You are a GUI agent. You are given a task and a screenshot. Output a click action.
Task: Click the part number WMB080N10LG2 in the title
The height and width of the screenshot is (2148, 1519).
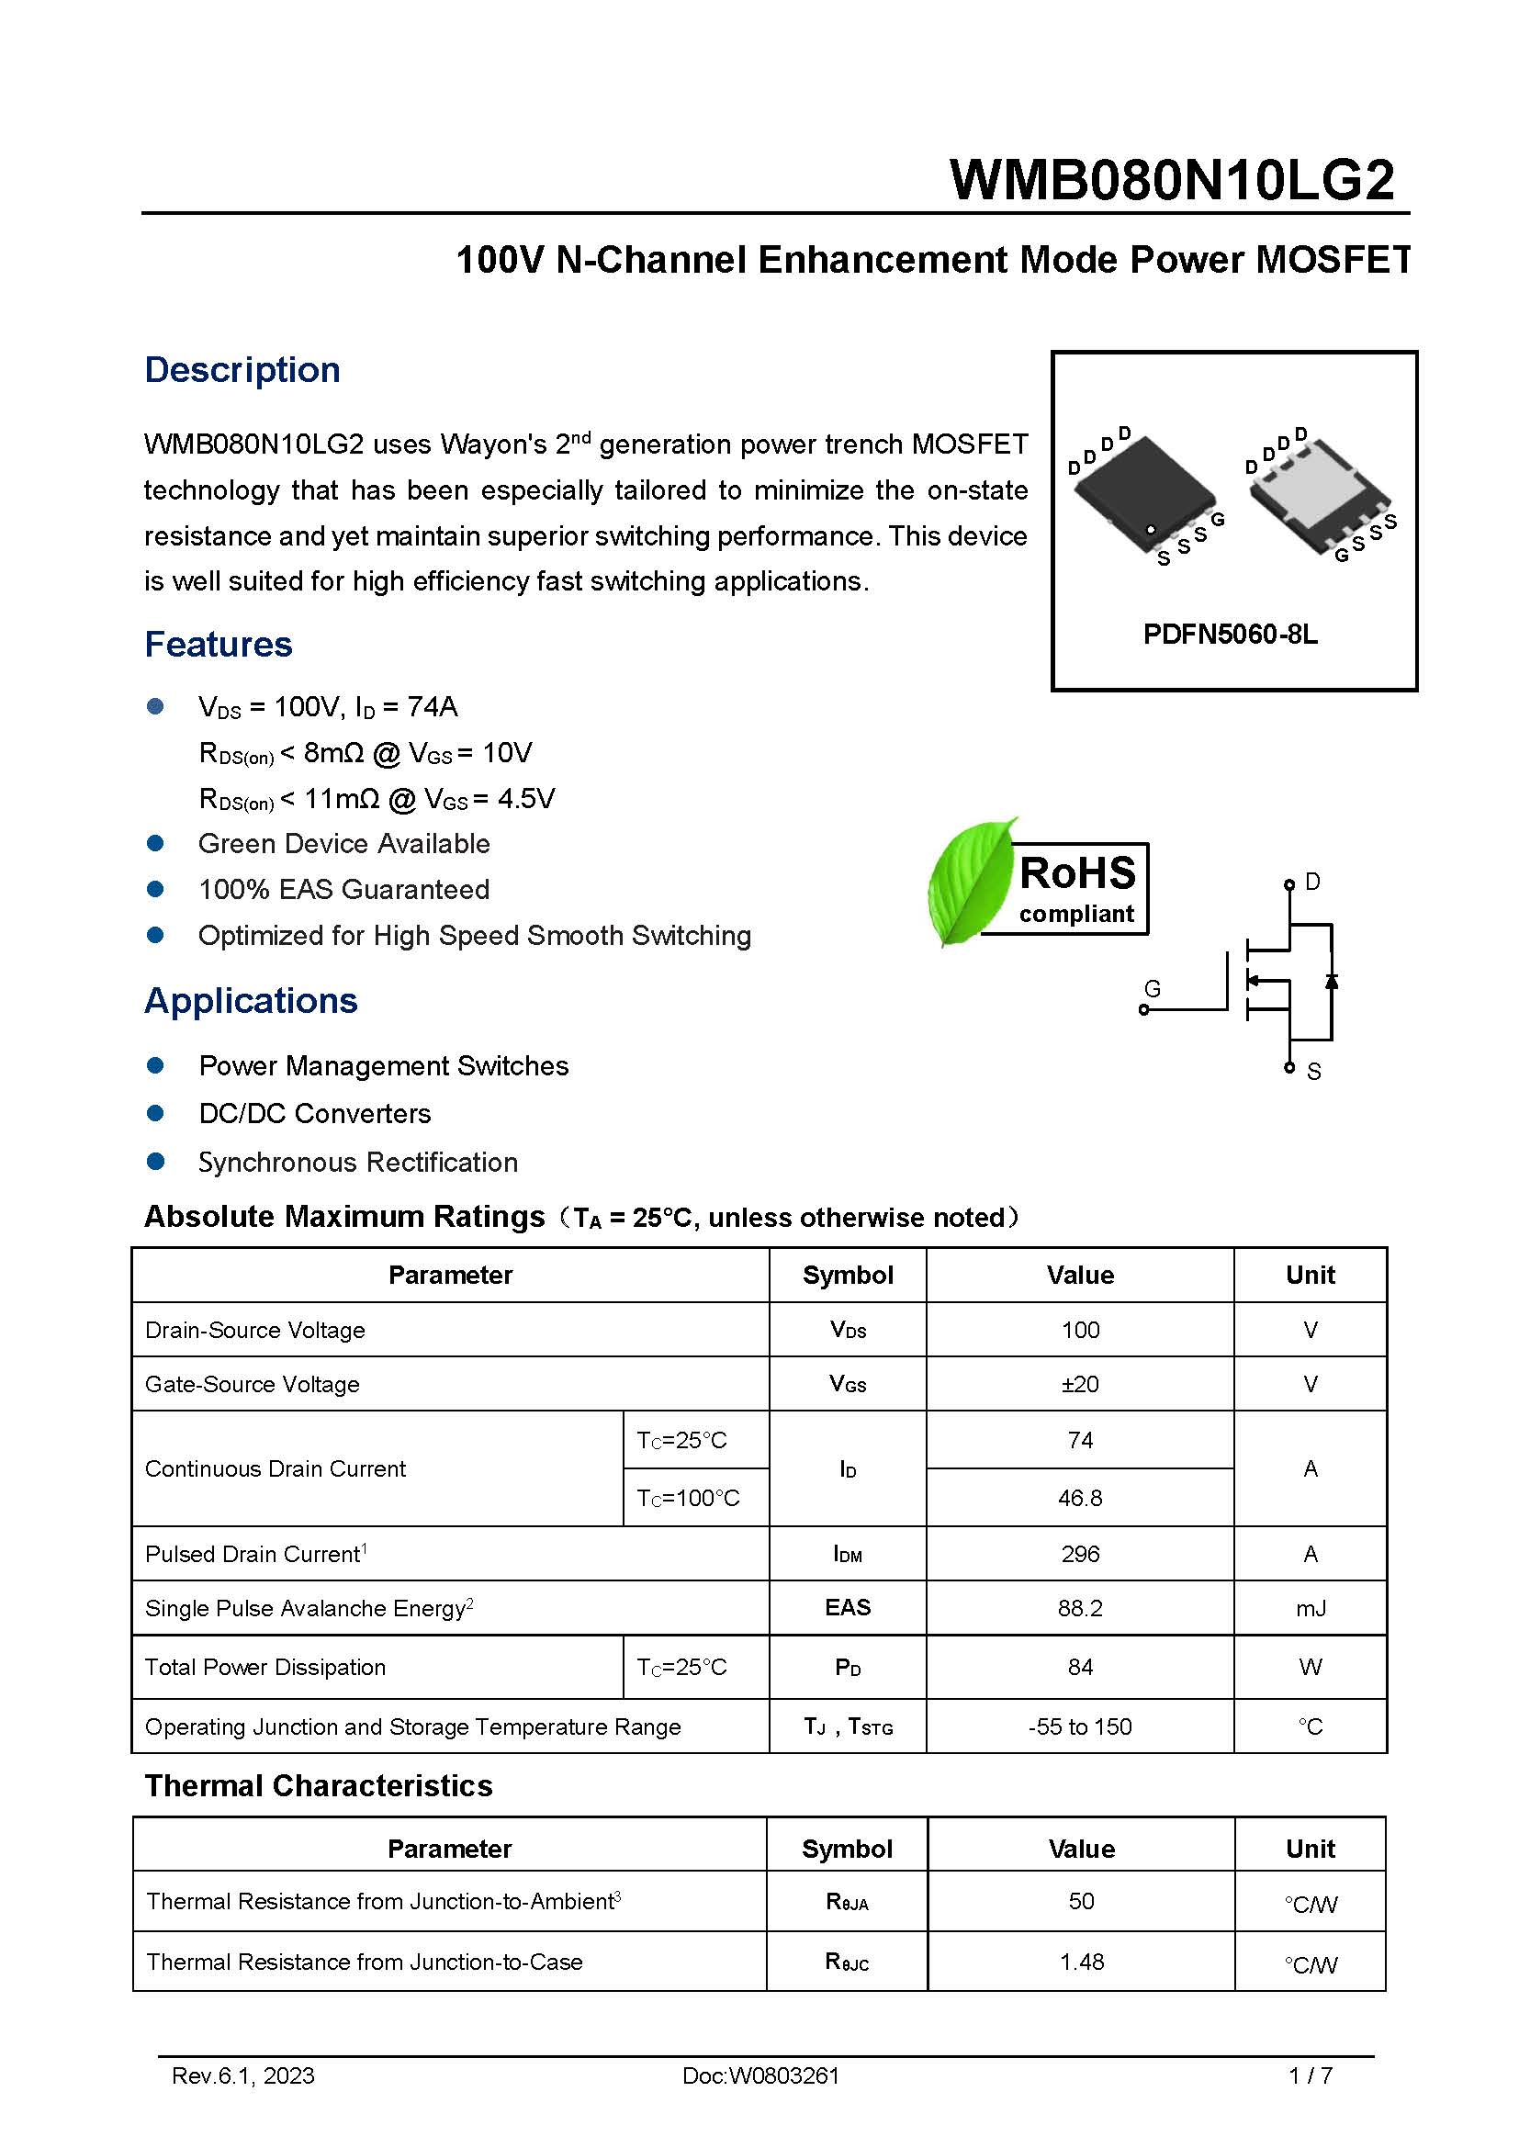point(1171,180)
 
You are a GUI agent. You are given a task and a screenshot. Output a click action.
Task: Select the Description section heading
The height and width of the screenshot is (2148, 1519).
point(242,369)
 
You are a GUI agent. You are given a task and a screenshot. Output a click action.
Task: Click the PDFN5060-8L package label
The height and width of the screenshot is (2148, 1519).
point(1230,635)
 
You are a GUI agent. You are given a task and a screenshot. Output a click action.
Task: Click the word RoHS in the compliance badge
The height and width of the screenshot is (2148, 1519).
point(1077,872)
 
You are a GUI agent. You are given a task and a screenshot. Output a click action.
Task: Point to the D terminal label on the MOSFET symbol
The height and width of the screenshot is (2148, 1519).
point(1312,882)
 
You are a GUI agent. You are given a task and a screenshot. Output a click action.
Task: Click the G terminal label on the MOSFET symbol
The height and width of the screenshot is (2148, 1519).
point(1153,988)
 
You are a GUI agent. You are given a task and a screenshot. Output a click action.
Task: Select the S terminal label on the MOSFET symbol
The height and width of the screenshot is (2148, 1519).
point(1313,1071)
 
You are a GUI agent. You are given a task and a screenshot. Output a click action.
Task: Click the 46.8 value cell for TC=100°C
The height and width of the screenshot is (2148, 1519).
point(1079,1498)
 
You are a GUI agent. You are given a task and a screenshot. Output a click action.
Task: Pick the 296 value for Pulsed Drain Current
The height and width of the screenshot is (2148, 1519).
point(1079,1554)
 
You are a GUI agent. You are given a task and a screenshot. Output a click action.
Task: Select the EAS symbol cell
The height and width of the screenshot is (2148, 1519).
point(848,1607)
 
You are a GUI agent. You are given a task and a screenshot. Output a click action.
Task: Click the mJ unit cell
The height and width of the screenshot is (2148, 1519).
point(1310,1608)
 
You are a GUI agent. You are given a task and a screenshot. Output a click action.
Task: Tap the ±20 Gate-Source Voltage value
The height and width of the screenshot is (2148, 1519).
point(1079,1384)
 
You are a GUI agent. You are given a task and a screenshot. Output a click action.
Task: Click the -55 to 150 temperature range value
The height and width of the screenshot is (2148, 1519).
point(1079,1726)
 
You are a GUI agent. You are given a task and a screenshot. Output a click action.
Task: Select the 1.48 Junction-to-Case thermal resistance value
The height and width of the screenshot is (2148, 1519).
point(1081,1962)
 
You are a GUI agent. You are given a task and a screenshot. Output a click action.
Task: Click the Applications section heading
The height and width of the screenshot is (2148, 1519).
point(251,1001)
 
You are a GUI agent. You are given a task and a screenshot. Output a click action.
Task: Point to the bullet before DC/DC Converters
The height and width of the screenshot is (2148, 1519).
point(156,1113)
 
